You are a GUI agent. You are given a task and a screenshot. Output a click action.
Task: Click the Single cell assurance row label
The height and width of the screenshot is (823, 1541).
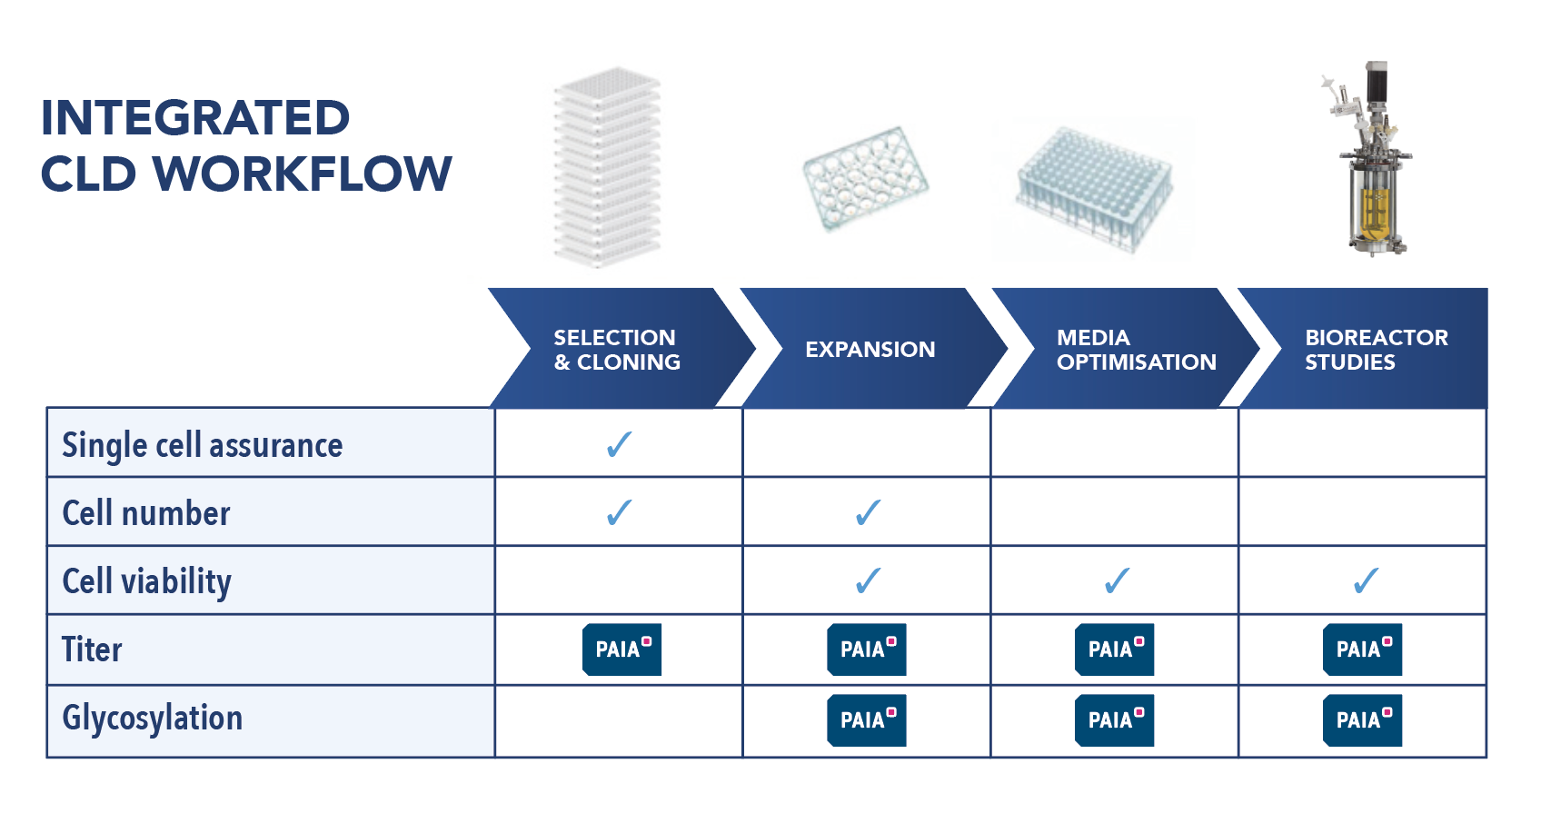[x=202, y=445]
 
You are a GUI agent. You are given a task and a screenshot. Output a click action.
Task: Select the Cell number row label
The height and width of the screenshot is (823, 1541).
[x=145, y=513]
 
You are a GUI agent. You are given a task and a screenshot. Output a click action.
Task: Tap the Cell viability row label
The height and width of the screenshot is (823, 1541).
[x=146, y=581]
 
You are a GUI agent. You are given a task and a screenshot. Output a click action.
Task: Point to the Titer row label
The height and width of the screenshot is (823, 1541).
[x=91, y=649]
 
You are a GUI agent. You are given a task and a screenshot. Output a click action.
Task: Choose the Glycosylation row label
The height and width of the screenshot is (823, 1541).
[x=152, y=719]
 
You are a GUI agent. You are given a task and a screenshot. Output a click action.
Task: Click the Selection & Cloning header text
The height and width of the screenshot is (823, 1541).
[x=616, y=350]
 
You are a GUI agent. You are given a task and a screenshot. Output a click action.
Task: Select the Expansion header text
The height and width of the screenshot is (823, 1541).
[x=870, y=350]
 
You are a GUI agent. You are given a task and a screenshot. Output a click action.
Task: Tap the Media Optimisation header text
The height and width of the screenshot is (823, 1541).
[x=1136, y=350]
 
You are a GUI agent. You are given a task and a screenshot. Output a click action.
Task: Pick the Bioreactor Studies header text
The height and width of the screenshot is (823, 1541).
[x=1376, y=350]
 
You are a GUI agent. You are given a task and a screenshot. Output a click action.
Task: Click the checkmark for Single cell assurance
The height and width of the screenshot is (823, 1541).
[x=619, y=444]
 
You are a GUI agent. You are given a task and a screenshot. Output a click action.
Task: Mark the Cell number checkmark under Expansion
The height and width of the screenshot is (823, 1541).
[x=868, y=512]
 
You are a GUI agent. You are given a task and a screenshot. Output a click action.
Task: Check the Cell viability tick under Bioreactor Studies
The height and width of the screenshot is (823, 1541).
[x=1365, y=580]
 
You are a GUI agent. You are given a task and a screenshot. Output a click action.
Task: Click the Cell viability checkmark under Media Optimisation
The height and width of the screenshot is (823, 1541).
[x=1117, y=580]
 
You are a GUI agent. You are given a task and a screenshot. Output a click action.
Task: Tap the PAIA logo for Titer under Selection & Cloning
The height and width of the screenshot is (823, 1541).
[x=621, y=649]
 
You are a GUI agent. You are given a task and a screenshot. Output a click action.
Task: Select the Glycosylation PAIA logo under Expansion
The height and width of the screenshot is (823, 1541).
[x=867, y=720]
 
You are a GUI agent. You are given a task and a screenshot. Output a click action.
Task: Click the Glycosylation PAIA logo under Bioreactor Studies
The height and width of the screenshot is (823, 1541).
[x=1362, y=720]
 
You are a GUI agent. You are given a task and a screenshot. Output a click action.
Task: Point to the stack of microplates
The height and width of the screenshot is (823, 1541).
[x=607, y=168]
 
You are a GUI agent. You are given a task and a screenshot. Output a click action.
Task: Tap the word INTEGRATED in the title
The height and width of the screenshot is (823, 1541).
[x=195, y=118]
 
